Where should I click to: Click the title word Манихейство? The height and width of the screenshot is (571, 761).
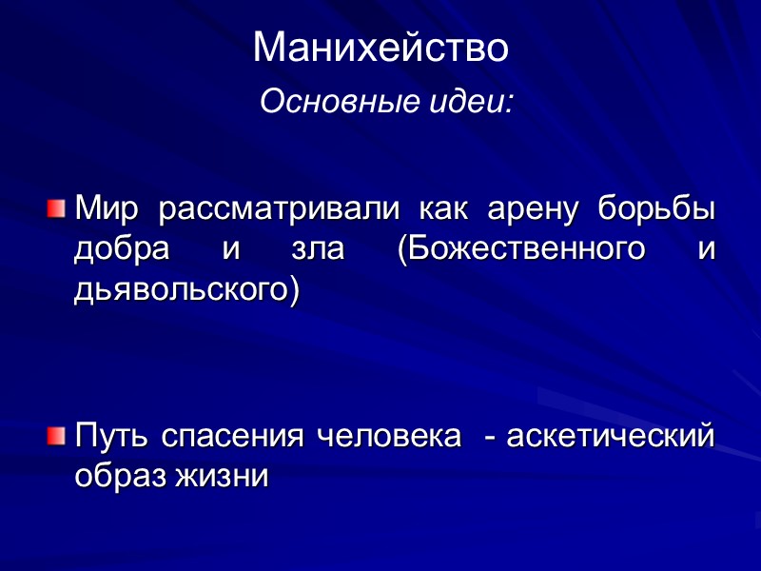[x=380, y=49]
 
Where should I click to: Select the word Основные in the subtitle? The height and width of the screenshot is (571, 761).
[x=314, y=100]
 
